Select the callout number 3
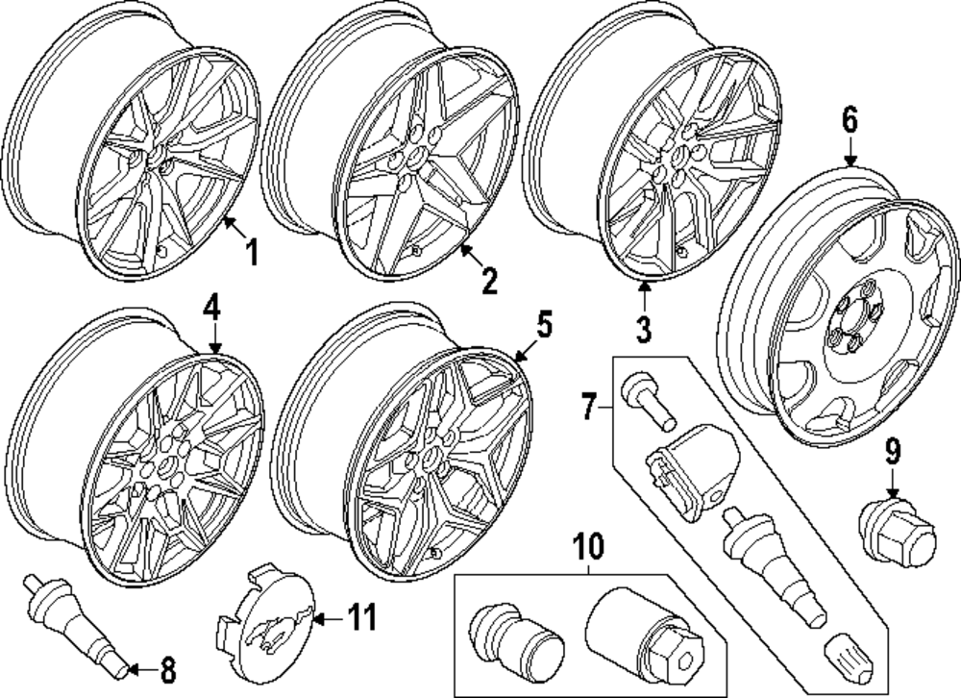point(643,329)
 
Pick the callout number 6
point(850,121)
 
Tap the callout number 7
point(588,409)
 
